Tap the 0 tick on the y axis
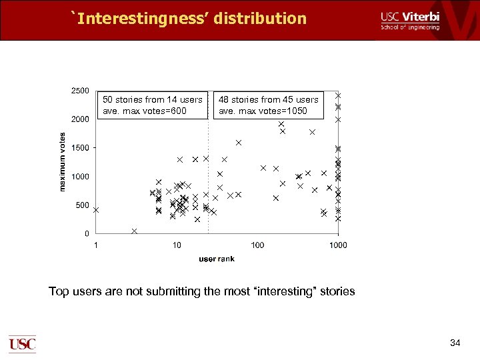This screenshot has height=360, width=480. [87, 234]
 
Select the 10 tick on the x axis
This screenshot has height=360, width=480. [177, 245]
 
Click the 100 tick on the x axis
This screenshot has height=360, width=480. [257, 245]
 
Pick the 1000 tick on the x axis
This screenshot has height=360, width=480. [338, 245]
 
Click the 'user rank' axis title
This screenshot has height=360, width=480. [217, 259]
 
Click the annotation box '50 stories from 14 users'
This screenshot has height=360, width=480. [153, 105]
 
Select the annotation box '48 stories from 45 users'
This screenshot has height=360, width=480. [269, 105]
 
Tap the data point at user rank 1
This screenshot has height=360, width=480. [96, 209]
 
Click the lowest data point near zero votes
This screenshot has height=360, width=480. [135, 231]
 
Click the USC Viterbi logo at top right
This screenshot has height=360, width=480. [410, 21]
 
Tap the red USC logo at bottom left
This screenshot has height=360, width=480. [22, 344]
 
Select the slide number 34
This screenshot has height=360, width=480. [455, 343]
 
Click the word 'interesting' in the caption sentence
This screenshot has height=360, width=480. [283, 291]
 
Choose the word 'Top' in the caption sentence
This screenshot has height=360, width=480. [59, 291]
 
